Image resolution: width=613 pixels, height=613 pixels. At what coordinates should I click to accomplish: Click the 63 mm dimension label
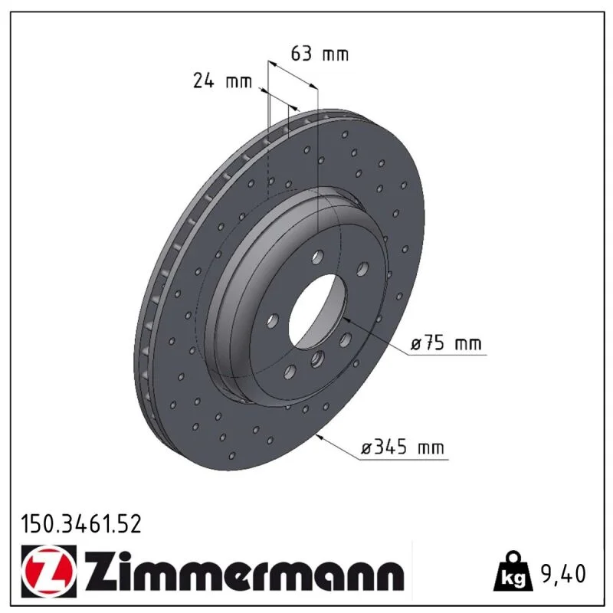click(320, 54)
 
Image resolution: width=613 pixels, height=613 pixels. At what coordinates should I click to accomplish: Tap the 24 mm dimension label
click(222, 81)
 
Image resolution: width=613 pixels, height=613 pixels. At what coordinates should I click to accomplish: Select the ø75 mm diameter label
click(446, 343)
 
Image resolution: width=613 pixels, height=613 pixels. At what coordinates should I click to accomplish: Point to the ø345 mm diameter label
click(403, 447)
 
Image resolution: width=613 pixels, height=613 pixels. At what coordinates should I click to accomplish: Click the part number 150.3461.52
click(81, 524)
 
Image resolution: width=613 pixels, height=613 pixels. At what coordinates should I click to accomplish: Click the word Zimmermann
click(244, 570)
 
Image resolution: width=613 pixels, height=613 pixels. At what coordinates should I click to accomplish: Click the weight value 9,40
click(563, 574)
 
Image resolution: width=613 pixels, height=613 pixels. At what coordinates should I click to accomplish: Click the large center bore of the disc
click(317, 311)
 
